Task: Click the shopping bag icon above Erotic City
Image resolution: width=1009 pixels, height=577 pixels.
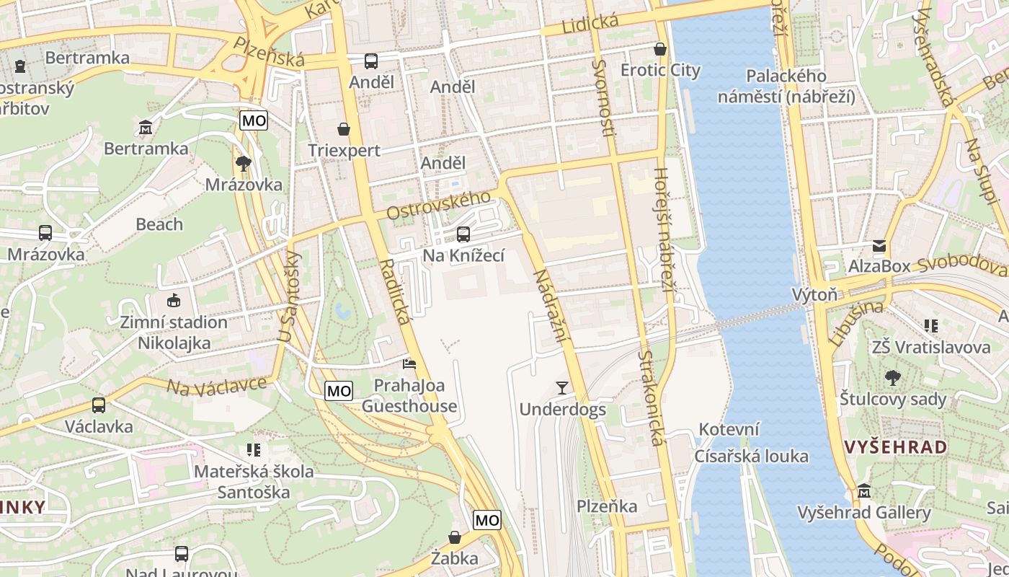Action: tap(659, 49)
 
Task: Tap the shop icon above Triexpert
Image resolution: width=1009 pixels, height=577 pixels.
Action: tap(344, 129)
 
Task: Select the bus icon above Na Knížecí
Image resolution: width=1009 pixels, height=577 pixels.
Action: tap(463, 234)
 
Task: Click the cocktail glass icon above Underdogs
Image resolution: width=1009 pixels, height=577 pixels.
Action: tap(562, 388)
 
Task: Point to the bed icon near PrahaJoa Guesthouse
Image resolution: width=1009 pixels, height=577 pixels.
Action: tap(409, 364)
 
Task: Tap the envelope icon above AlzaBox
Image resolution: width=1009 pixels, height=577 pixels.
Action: tap(879, 246)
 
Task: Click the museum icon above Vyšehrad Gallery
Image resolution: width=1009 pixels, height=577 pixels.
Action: tap(863, 491)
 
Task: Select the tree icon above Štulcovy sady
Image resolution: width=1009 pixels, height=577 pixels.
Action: tap(892, 377)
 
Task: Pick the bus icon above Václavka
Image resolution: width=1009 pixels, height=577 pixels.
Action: tap(99, 405)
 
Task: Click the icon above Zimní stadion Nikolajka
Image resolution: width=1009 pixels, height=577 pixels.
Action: tap(173, 300)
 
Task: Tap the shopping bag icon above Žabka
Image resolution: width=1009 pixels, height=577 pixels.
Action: tap(455, 537)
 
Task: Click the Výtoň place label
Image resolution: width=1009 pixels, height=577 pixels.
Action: tap(814, 294)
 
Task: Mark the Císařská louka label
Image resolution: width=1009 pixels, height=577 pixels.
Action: tap(751, 457)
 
